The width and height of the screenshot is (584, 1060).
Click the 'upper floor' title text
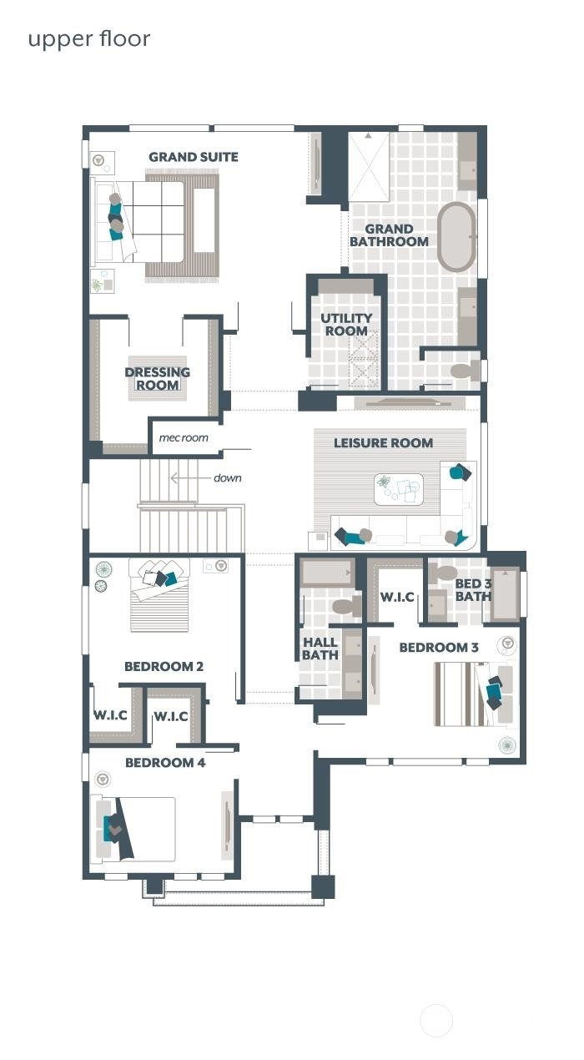89,39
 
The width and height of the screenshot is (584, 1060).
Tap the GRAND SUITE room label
194,157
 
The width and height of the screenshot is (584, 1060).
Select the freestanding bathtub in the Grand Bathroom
456,236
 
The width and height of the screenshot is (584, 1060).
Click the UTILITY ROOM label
346,325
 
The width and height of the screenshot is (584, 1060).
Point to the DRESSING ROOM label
158,378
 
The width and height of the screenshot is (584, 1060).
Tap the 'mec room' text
184,437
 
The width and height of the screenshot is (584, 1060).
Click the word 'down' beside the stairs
227,478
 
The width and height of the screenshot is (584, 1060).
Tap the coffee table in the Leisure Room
399,490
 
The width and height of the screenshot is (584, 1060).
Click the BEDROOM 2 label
164,666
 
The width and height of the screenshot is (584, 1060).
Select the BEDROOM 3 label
439,647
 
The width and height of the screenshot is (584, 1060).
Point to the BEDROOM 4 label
165,762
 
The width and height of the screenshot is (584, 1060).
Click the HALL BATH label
320,649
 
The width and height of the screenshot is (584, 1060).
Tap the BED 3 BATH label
473,589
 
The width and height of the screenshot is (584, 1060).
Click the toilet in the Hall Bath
344,605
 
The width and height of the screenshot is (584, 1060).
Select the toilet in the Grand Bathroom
462,371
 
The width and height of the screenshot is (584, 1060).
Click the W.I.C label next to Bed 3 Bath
398,598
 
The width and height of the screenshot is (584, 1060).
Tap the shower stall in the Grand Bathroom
368,166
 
